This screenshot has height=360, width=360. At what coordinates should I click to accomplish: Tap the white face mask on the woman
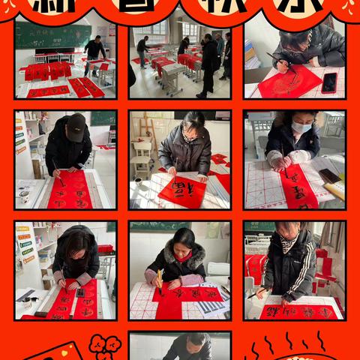(x=301, y=128)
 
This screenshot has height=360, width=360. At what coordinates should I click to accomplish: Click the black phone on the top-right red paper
(x=328, y=82)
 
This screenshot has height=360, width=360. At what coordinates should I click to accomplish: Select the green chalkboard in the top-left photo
(x=52, y=36)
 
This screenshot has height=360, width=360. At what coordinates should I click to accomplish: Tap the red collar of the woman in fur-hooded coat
(x=182, y=256)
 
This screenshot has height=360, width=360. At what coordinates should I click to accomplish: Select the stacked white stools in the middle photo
(x=142, y=157)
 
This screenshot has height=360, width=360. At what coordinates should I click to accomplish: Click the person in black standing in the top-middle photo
(x=209, y=64)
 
